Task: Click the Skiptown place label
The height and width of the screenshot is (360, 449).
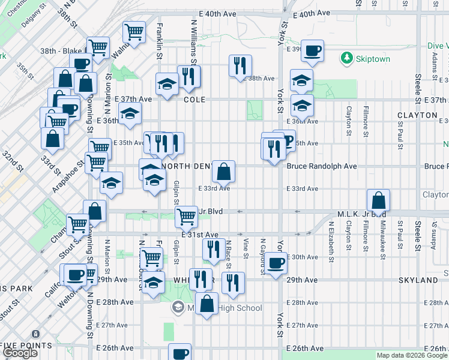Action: [373, 59]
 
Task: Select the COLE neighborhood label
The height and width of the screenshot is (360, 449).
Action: [194, 100]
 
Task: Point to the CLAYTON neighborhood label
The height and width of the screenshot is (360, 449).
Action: [417, 115]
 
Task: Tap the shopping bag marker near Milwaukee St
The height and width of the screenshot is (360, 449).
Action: [378, 200]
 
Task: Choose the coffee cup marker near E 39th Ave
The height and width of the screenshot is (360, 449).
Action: [312, 51]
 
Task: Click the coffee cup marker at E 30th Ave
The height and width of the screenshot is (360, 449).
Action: [276, 262]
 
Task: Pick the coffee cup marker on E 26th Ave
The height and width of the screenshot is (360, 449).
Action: [179, 353]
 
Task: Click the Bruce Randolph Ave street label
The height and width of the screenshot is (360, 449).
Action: [322, 166]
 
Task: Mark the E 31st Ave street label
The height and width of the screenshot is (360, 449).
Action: [204, 234]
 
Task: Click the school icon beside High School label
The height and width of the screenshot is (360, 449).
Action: [178, 308]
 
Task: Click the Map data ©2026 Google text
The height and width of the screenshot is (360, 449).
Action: [411, 355]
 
